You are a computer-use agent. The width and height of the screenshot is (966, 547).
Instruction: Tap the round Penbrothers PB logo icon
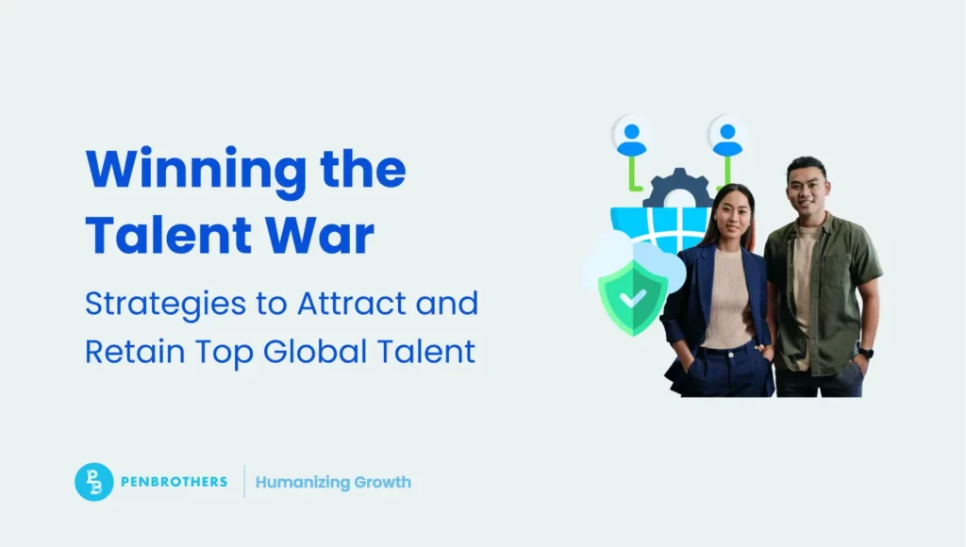[x=94, y=482]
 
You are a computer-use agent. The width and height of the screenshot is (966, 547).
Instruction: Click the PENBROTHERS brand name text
[x=175, y=482]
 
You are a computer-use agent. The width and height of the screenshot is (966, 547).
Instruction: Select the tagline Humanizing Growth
[x=333, y=482]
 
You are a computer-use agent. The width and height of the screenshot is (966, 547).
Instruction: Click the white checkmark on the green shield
[x=633, y=298]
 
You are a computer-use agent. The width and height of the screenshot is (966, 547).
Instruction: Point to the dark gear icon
[x=677, y=190]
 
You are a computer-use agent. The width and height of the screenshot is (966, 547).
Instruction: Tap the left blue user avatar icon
[x=630, y=135]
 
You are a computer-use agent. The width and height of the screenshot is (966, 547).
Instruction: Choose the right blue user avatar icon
[x=727, y=135]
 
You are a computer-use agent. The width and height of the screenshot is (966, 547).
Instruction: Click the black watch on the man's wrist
[x=866, y=354]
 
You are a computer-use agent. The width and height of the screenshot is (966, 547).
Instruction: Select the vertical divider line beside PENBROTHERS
[x=244, y=482]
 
